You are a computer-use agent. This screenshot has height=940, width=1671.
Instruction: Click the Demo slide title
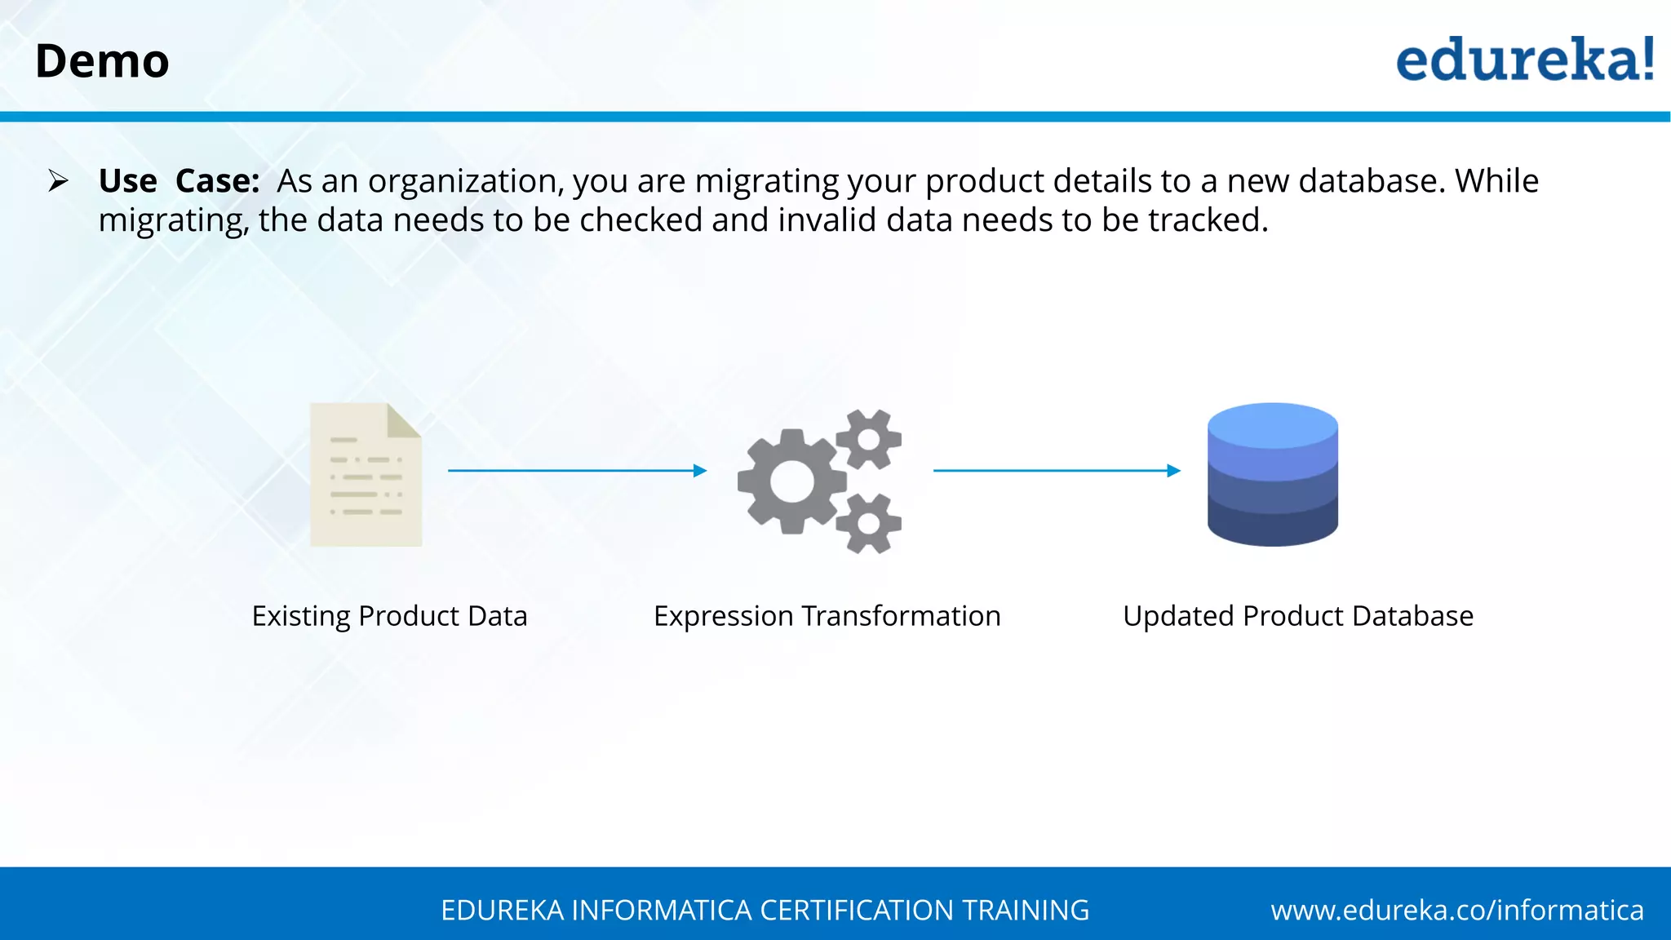(x=102, y=61)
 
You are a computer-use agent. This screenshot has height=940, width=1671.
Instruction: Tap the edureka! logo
(x=1524, y=60)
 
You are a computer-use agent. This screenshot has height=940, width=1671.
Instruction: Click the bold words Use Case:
(x=179, y=181)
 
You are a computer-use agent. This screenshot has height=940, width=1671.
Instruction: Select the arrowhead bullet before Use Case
(x=58, y=180)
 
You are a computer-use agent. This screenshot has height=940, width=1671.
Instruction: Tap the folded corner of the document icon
(x=405, y=419)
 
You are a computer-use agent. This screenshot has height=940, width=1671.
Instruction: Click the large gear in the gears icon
(x=791, y=481)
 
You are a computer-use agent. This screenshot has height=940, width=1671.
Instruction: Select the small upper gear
(x=869, y=439)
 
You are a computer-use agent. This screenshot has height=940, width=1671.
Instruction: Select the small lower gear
(x=869, y=523)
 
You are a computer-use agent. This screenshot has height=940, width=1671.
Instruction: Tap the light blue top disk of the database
(x=1272, y=424)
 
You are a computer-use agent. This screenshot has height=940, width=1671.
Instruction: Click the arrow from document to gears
(x=577, y=471)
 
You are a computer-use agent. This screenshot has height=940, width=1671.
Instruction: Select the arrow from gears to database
(x=1057, y=471)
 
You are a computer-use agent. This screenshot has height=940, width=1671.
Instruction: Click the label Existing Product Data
(x=389, y=616)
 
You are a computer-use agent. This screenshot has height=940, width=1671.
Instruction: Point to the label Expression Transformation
(x=827, y=616)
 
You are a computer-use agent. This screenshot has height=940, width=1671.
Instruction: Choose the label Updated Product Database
(x=1297, y=616)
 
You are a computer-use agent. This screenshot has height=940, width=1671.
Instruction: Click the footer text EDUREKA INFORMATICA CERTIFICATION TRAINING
(x=765, y=910)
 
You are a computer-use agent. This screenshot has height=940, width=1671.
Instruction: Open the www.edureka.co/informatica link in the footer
(x=1456, y=910)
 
